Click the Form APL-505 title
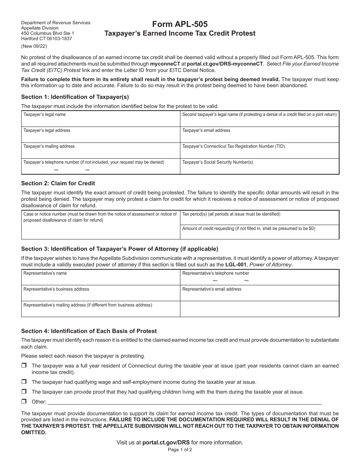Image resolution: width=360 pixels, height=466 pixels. pos(180,24)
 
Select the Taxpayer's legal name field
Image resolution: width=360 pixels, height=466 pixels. pos(100,121)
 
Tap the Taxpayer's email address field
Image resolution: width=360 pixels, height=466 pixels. pos(259,137)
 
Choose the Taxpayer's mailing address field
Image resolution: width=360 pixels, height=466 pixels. pos(100,153)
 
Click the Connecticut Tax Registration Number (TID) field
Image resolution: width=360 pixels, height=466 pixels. pos(259,153)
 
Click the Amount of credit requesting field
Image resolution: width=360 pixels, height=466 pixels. pos(259,234)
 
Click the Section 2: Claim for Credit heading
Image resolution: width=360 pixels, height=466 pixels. pos(58,183)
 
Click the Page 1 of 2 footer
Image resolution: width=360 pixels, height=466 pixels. pos(180,450)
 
